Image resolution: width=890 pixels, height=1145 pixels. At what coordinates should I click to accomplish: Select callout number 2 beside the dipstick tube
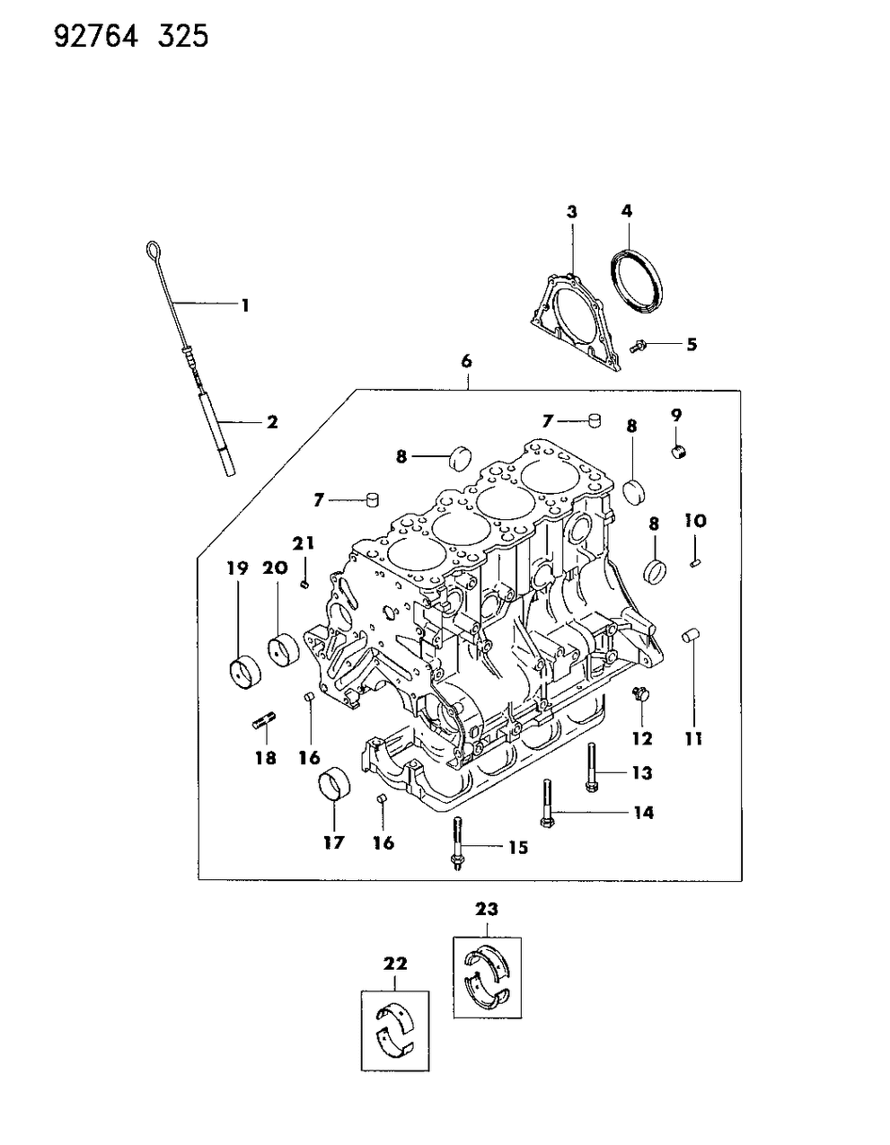pyautogui.click(x=271, y=420)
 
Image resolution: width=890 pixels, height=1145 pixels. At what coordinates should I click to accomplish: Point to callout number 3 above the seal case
pyautogui.click(x=571, y=212)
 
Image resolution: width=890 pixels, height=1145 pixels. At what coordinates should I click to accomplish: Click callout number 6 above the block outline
pyautogui.click(x=466, y=361)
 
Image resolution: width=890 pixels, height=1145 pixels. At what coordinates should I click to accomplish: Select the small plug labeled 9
pyautogui.click(x=681, y=449)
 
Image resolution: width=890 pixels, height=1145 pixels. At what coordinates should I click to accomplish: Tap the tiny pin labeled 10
pyautogui.click(x=697, y=562)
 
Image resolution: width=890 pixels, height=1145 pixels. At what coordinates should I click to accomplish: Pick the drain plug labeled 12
pyautogui.click(x=641, y=694)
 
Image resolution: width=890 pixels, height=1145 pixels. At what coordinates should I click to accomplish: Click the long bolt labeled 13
pyautogui.click(x=592, y=769)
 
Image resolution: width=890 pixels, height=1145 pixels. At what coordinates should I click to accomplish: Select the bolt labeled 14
pyautogui.click(x=547, y=806)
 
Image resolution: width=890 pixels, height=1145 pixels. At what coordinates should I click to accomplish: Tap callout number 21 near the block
pyautogui.click(x=304, y=542)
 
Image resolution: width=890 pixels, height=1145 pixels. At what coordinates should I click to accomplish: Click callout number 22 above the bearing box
pyautogui.click(x=395, y=964)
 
